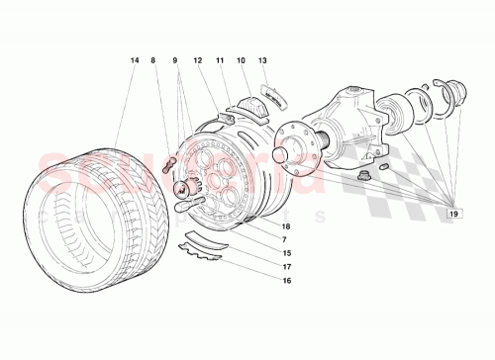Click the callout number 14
135,61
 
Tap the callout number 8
154,61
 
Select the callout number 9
175,61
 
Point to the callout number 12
198,61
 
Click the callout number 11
220,61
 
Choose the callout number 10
241,61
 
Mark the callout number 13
262,61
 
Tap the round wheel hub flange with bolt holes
295,151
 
